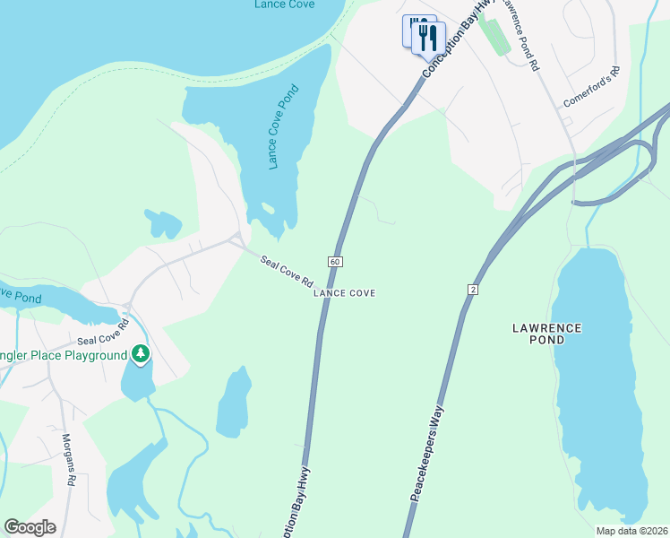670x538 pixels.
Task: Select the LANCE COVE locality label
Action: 344,293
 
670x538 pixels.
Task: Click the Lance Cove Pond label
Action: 283,126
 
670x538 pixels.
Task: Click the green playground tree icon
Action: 140,355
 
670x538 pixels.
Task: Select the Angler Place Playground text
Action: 63,356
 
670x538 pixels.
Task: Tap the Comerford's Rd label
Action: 591,87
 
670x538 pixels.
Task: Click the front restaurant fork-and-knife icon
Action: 428,37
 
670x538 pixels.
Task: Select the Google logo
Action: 30,527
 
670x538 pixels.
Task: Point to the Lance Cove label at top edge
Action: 283,4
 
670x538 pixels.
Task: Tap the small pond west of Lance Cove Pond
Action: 163,223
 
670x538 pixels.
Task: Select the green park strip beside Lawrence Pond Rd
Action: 494,35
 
